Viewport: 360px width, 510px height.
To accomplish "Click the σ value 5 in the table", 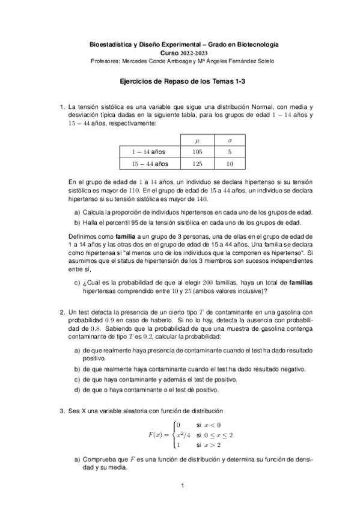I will [x=230, y=152].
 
